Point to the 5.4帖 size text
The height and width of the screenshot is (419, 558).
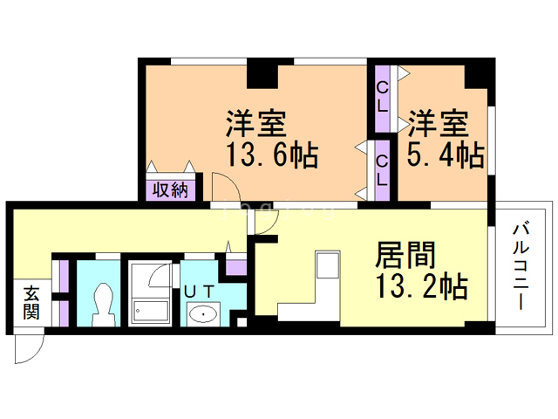click(445, 156)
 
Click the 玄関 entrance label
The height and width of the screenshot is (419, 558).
click(31, 302)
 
